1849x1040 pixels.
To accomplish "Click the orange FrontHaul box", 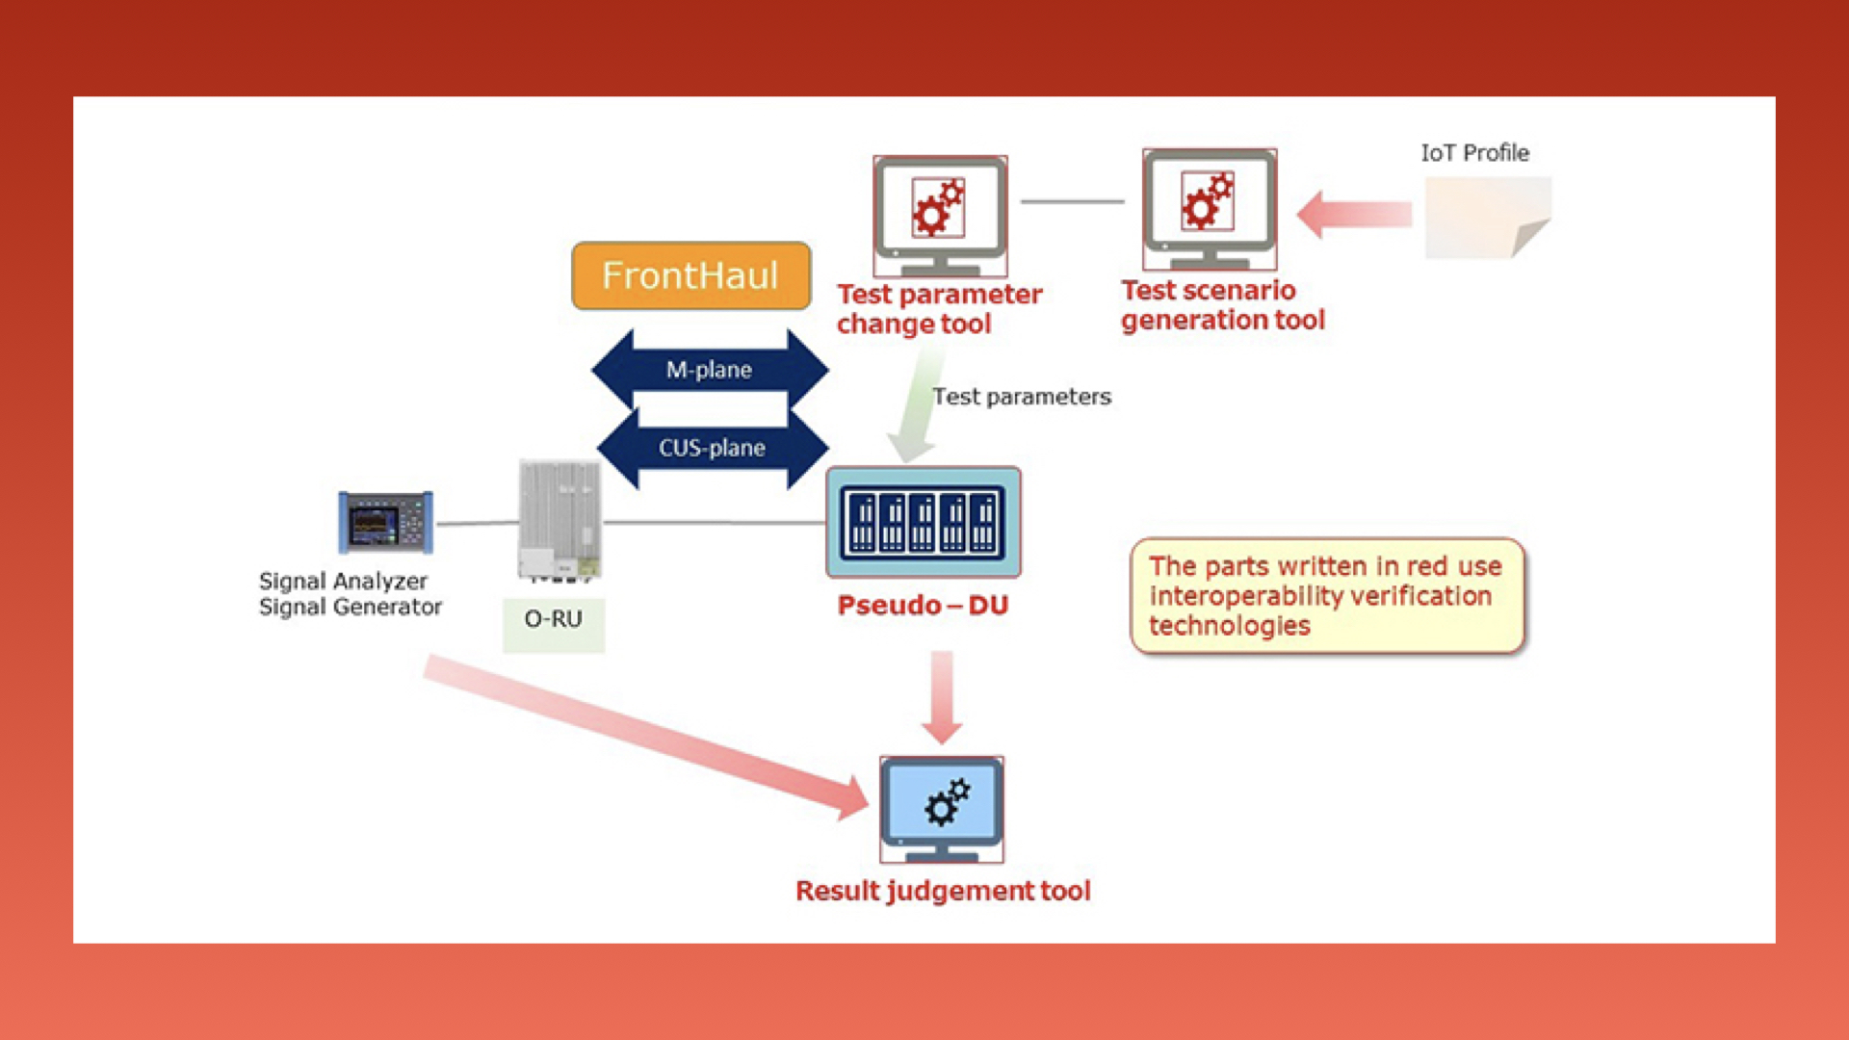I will [690, 275].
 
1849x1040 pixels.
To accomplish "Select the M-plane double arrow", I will [710, 370].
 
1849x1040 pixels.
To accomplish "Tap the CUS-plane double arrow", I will [712, 448].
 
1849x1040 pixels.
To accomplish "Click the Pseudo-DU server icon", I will [923, 522].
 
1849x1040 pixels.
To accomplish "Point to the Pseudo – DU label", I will [922, 606].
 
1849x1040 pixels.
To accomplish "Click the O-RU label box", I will [554, 621].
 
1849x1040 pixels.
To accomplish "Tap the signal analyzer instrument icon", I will [385, 523].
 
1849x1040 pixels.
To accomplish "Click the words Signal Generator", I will [351, 608].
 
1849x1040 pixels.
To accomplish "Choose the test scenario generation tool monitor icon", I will [1209, 209].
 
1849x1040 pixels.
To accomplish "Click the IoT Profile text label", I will [1474, 153].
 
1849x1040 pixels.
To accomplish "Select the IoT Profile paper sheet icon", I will [1487, 219].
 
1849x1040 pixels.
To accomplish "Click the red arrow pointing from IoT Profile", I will [1353, 214].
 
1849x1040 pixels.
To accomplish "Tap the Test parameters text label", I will [1021, 397].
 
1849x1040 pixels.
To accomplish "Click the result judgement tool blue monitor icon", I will [941, 808].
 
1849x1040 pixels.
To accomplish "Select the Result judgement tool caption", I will [943, 891].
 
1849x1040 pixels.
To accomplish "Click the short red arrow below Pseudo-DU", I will [941, 696].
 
